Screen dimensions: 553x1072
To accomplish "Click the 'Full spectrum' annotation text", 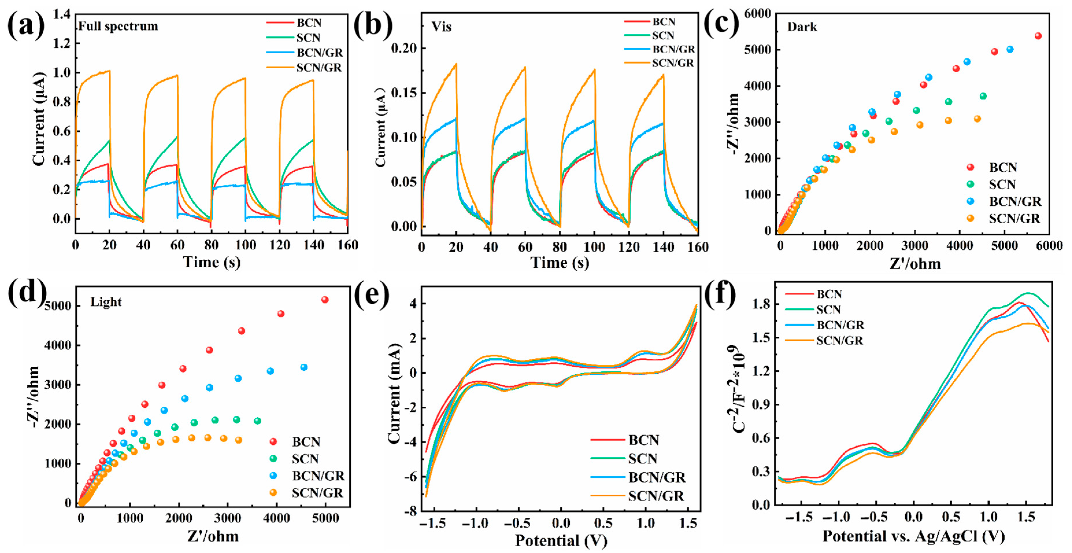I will pos(118,26).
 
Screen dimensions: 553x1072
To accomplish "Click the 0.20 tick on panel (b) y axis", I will pos(403,48).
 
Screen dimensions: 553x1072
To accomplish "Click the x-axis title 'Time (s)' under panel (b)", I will pos(559,262).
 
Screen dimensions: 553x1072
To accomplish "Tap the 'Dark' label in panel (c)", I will pos(802,27).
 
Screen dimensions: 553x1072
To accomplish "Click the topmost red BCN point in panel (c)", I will pos(1038,36).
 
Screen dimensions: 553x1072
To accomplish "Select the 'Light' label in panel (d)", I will pos(106,302).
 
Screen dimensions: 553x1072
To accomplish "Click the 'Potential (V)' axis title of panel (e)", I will pos(561,541).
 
